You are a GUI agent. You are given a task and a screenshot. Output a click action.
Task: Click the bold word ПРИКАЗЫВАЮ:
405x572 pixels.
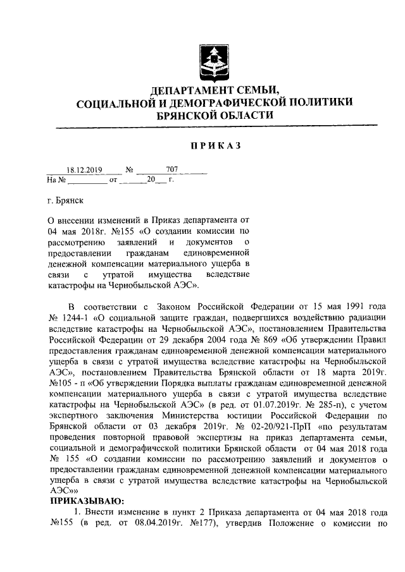(x=87, y=501)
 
